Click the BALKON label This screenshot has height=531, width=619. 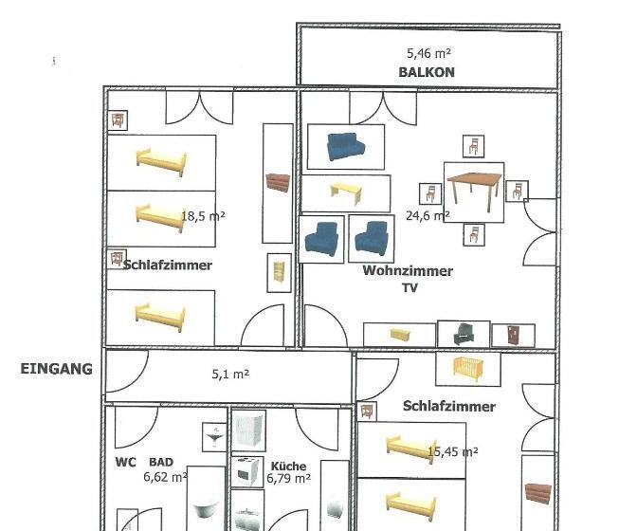click(427, 72)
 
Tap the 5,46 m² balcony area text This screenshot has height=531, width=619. click(428, 53)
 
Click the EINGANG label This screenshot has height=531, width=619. click(57, 369)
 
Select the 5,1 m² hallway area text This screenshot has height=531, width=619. click(230, 374)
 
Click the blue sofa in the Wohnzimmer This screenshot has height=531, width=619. click(346, 146)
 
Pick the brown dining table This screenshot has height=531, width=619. click(474, 192)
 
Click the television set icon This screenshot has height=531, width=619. click(464, 335)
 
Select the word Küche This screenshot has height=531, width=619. click(288, 467)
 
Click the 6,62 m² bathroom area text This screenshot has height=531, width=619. click(165, 477)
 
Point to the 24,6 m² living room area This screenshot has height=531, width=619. click(428, 215)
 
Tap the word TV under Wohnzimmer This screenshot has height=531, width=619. click(410, 288)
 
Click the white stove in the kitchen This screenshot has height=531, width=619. click(246, 471)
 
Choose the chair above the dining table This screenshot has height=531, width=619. click(474, 146)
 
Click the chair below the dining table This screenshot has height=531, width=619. click(474, 234)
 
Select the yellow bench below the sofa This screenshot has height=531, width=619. click(346, 193)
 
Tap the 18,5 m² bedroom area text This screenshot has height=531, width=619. click(203, 216)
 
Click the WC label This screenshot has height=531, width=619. click(125, 462)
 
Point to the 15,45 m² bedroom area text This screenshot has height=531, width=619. click(453, 451)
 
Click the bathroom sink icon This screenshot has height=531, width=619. click(214, 437)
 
